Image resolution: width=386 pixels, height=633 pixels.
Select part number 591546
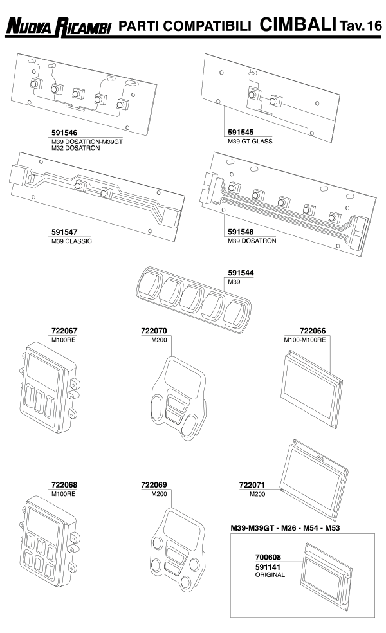(x=64, y=133)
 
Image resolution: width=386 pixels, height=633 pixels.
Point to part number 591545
(x=241, y=133)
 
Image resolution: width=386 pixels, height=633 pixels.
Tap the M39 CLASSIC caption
(x=71, y=241)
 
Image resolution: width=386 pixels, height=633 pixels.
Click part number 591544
(x=241, y=273)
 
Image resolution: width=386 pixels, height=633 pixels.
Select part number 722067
(x=64, y=331)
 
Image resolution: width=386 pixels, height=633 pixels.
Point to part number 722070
(x=154, y=331)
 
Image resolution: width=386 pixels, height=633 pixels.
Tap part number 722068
(x=64, y=484)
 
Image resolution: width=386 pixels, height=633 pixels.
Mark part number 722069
(x=154, y=484)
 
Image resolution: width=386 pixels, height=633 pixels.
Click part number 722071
(x=252, y=484)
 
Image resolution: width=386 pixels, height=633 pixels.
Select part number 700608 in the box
(x=268, y=558)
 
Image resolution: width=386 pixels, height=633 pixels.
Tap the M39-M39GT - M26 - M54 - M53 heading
(x=295, y=528)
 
